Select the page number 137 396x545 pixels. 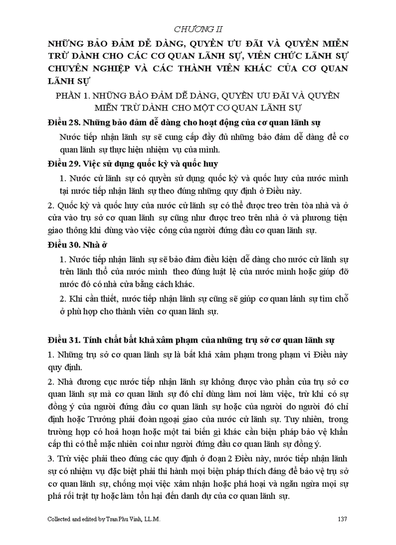342,519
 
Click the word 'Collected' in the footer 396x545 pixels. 61,519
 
